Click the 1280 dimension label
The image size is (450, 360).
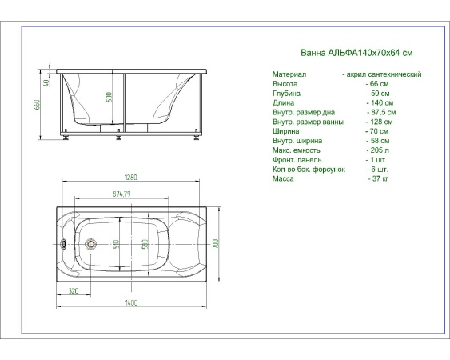(131, 178)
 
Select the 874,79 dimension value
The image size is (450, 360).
(121, 194)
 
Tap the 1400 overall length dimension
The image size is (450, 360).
(131, 302)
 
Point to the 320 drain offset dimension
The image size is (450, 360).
(74, 290)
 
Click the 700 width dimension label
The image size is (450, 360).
(216, 244)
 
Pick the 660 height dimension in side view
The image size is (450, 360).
(37, 105)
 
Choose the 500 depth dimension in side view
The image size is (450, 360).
(109, 97)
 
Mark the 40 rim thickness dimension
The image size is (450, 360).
(46, 82)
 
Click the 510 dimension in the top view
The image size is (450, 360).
(117, 244)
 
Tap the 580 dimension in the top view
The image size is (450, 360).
(145, 244)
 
